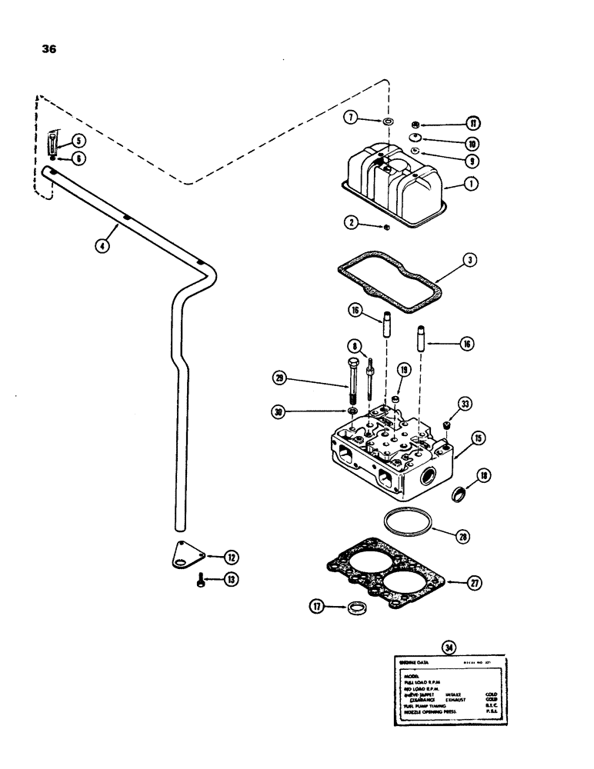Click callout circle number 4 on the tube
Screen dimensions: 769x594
pyautogui.click(x=101, y=246)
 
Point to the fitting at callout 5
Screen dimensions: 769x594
pyautogui.click(x=54, y=142)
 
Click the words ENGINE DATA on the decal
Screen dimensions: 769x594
pyautogui.click(x=413, y=661)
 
